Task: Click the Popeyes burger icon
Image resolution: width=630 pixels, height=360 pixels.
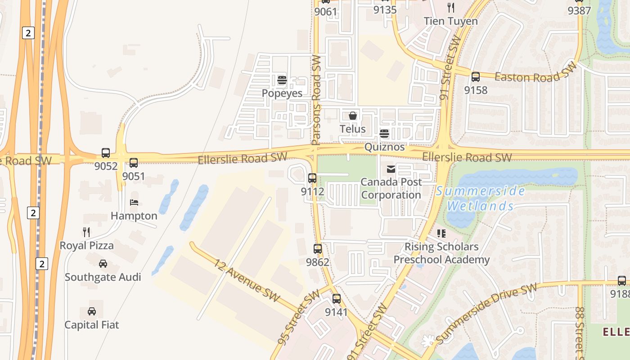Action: (x=282, y=81)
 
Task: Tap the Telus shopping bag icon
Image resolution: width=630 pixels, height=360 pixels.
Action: (x=353, y=116)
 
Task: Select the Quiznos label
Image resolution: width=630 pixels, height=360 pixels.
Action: (x=384, y=147)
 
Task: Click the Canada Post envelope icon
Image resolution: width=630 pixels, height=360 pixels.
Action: (x=391, y=169)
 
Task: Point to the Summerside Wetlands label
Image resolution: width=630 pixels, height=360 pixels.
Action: (x=480, y=198)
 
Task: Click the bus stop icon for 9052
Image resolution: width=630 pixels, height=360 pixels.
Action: (x=106, y=153)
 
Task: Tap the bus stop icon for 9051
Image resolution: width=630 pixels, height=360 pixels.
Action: (x=134, y=163)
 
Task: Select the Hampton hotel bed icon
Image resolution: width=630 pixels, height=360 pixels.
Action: (x=134, y=202)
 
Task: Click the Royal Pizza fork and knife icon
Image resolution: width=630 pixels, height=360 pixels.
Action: (x=86, y=232)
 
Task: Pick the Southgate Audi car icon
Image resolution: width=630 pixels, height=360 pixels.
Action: (x=103, y=264)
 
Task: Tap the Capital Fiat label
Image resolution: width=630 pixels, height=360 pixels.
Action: (x=92, y=324)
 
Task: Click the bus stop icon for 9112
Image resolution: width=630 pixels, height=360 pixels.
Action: (x=312, y=178)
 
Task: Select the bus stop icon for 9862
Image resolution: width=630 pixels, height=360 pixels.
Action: (x=318, y=248)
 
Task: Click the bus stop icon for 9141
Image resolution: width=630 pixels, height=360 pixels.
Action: (x=337, y=299)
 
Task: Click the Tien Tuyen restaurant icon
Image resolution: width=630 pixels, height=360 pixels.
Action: (x=451, y=8)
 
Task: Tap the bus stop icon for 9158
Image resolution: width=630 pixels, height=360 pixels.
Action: (x=476, y=77)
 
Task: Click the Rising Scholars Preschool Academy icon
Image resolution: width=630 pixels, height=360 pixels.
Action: (x=441, y=234)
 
